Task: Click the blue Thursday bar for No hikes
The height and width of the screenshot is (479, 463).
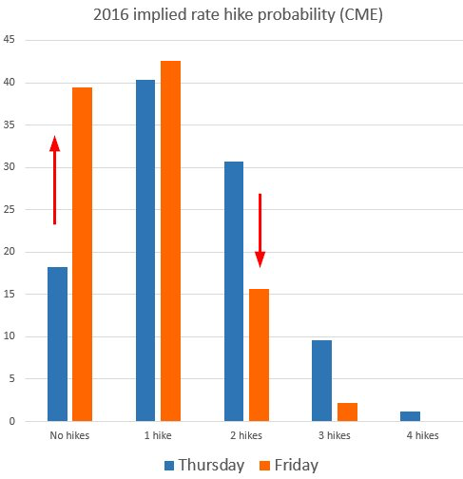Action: (57, 344)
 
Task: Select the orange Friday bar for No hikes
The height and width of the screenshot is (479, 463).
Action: (82, 255)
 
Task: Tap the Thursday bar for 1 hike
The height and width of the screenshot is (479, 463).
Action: (145, 251)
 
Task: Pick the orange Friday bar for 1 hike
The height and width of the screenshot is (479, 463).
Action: (170, 241)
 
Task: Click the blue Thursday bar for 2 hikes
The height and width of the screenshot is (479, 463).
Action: (234, 292)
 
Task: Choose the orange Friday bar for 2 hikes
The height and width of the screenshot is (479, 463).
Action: (259, 355)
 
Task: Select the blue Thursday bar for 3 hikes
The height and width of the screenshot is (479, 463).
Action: (321, 381)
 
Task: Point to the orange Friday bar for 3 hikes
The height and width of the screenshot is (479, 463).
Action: (347, 412)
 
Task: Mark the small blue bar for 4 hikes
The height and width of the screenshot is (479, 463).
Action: (410, 416)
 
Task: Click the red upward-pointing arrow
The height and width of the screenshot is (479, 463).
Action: (54, 181)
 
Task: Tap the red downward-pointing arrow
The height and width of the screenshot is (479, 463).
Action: (260, 230)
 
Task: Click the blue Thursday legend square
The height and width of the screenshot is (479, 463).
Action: (169, 466)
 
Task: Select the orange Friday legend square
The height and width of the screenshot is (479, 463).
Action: (264, 466)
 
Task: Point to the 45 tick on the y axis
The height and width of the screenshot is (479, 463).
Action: (10, 40)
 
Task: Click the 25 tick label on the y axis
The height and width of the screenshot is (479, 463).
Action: (10, 209)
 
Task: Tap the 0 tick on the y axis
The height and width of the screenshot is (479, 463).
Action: (12, 421)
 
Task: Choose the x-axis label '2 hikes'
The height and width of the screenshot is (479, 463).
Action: (246, 435)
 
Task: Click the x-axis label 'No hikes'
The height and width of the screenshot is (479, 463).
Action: (69, 435)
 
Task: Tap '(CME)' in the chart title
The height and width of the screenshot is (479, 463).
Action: (361, 15)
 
